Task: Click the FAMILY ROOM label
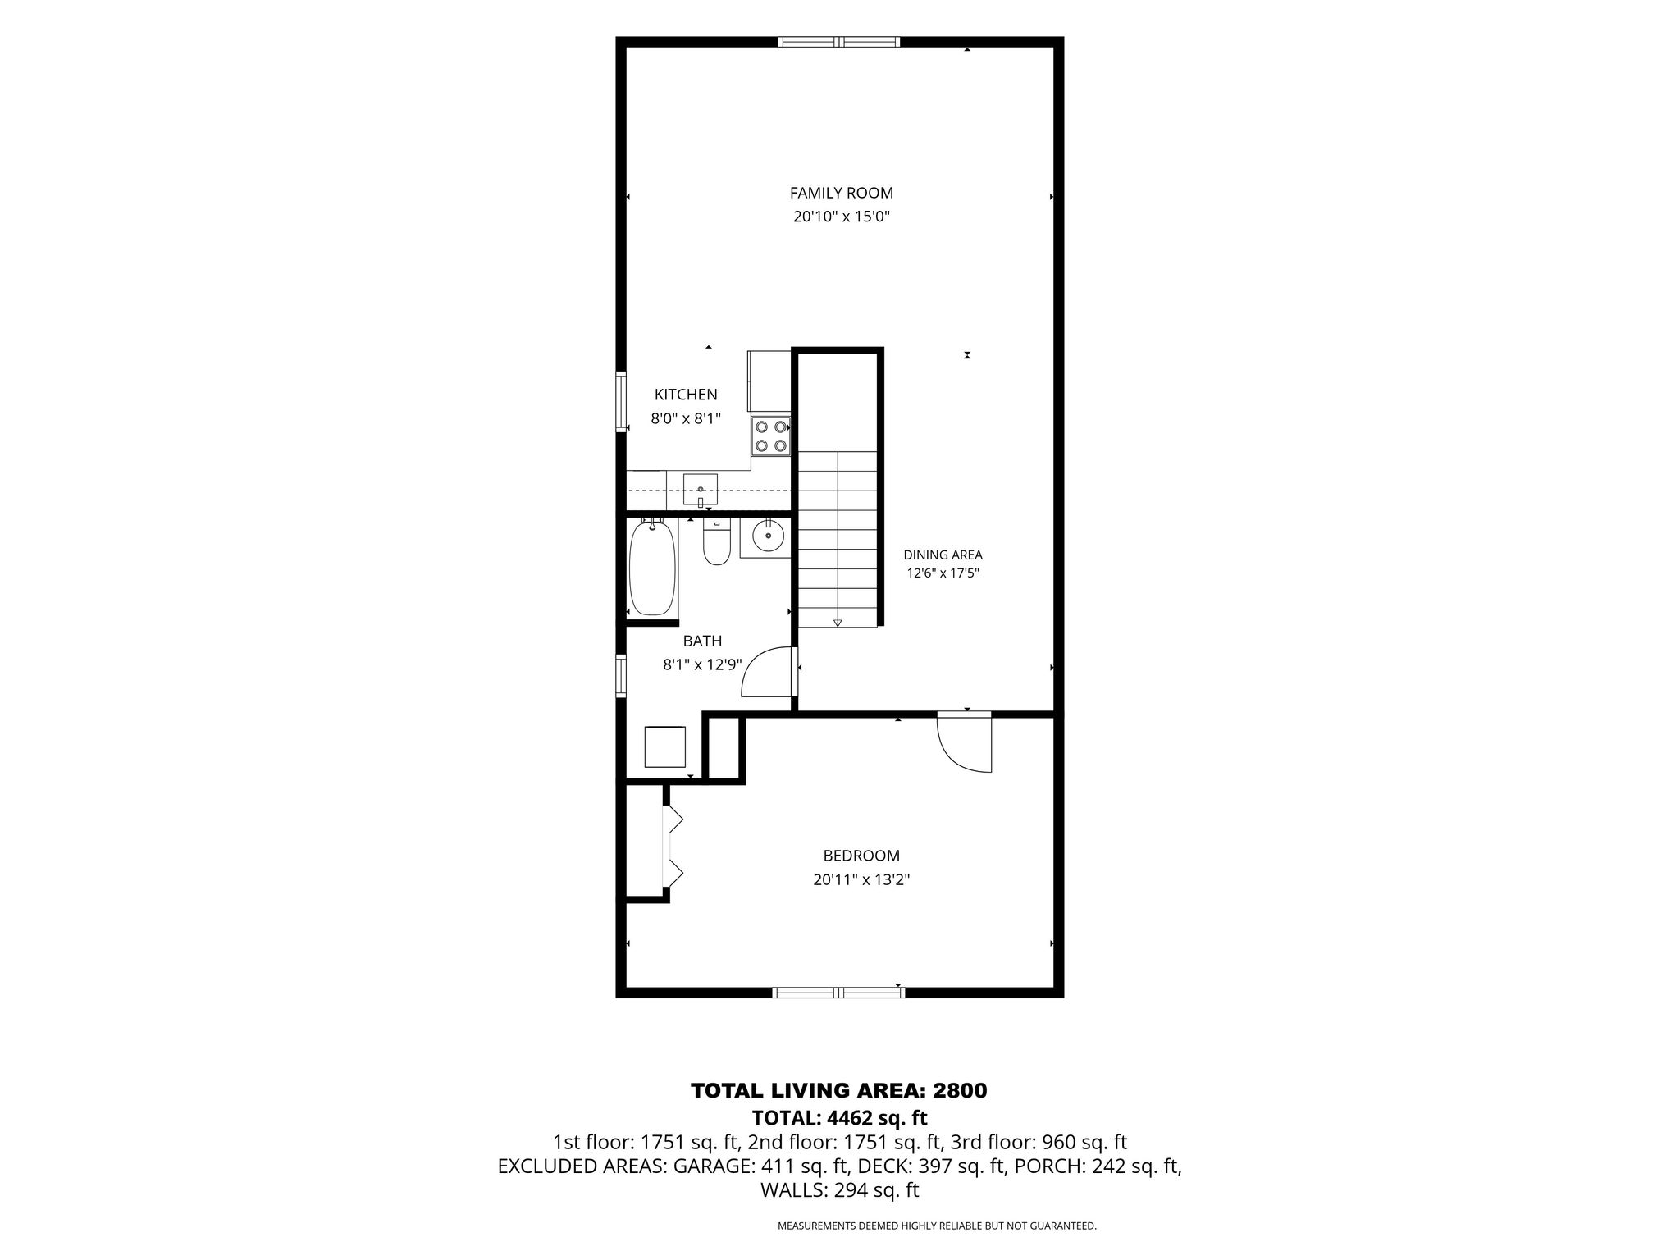click(x=841, y=193)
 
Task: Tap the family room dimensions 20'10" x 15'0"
click(x=841, y=217)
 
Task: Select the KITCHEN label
click(x=686, y=395)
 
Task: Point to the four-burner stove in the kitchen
click(x=770, y=436)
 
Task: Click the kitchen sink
click(x=701, y=491)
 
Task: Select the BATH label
click(x=702, y=641)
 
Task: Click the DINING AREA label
click(x=943, y=555)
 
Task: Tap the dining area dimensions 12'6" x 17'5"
click(x=943, y=573)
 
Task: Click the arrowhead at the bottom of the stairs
click(x=838, y=623)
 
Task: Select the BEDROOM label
click(x=861, y=856)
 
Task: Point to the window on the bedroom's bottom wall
click(x=838, y=993)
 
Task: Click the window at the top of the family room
click(x=839, y=42)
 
